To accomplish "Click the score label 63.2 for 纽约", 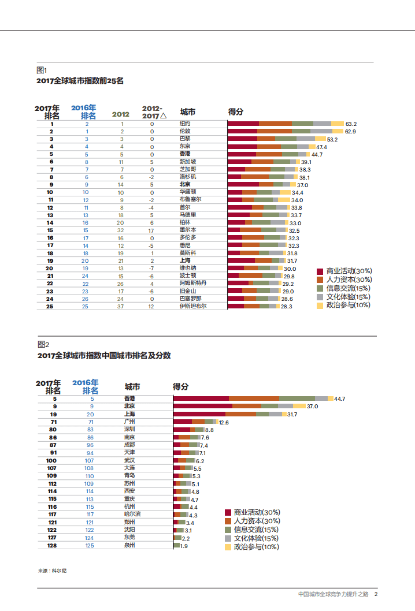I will point(351,124).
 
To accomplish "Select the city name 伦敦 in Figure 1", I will point(185,132).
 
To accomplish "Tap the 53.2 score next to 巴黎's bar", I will point(332,139).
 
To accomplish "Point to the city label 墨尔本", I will point(187,230).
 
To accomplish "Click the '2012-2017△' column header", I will point(153,112).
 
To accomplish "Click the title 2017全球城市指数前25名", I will point(80,81).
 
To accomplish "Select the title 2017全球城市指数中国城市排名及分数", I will point(103,356).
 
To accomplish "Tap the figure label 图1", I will point(41,70).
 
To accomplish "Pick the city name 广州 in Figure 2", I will point(130,422).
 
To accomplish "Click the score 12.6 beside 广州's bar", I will point(224,423).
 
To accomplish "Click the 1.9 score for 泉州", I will point(184,546).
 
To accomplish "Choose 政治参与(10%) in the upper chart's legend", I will point(348,305).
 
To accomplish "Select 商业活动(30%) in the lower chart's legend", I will point(256,512).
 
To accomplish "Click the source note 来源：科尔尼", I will point(52,571).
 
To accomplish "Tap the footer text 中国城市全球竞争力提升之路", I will point(333,594).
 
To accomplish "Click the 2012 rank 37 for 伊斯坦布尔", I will point(122,306).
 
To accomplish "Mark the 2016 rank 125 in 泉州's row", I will point(90,545).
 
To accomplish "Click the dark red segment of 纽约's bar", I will point(243,124).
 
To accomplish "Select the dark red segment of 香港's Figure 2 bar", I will point(201,398).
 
